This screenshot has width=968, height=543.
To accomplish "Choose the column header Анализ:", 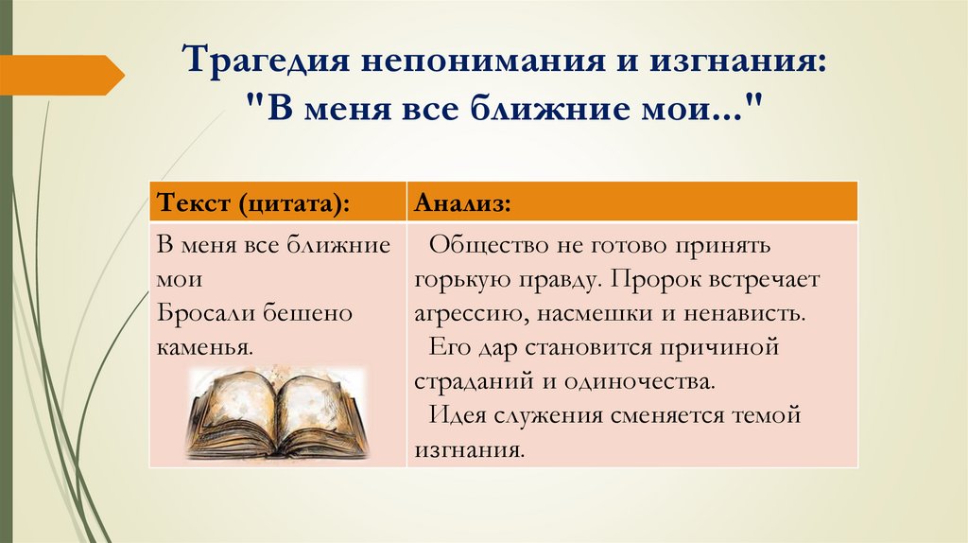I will pyautogui.click(x=463, y=203).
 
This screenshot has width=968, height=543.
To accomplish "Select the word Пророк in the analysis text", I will pyautogui.click(x=645, y=280).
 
